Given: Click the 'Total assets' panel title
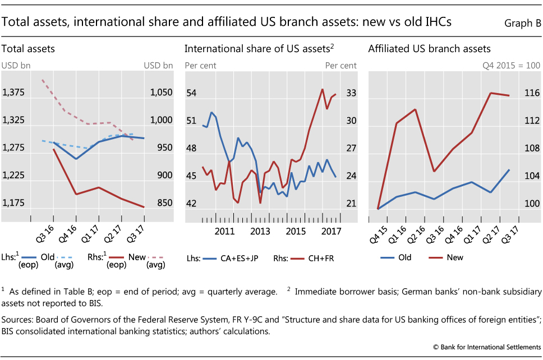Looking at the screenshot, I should (x=28, y=49).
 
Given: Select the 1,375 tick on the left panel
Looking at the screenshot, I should (x=13, y=93).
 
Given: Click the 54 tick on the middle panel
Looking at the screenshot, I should (x=191, y=93).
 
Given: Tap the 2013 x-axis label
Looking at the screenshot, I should (x=260, y=230).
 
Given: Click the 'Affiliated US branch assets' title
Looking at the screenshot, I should (x=429, y=49).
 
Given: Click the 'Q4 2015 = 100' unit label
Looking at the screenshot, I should (x=512, y=66).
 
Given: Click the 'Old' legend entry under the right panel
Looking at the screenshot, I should (x=404, y=257).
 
